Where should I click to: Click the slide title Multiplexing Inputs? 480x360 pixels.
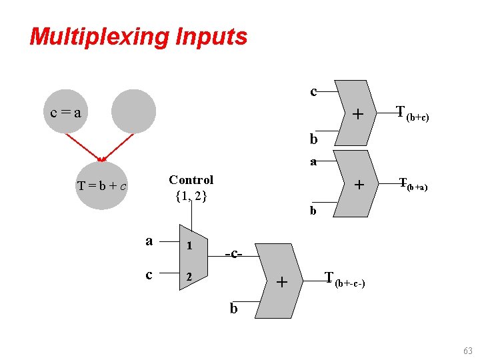tap(138, 37)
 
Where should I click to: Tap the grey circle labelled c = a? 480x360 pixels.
tap(66, 112)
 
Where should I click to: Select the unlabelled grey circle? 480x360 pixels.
tap(133, 111)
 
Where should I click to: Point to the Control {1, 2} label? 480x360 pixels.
tap(191, 188)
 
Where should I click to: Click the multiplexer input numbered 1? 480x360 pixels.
tap(189, 245)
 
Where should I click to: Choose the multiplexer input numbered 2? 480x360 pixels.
tap(189, 275)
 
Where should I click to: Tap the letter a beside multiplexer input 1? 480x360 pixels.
tap(149, 241)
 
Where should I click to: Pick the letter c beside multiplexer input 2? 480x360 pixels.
tap(149, 274)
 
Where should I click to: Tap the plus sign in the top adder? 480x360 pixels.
tap(358, 115)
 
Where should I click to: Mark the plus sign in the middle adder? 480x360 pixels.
tap(358, 184)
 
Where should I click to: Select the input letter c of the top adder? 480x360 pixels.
tap(313, 91)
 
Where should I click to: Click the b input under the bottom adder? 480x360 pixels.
tap(233, 309)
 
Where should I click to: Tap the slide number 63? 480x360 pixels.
tap(467, 351)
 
